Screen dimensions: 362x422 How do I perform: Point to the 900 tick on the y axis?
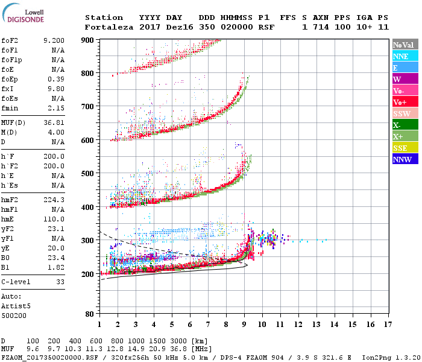[87, 40]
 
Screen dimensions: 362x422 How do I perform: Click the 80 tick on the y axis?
[89, 314]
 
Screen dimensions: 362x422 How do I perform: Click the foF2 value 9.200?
[54, 40]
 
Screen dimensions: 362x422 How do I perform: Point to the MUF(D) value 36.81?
[55, 122]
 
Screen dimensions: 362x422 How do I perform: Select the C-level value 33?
[60, 282]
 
